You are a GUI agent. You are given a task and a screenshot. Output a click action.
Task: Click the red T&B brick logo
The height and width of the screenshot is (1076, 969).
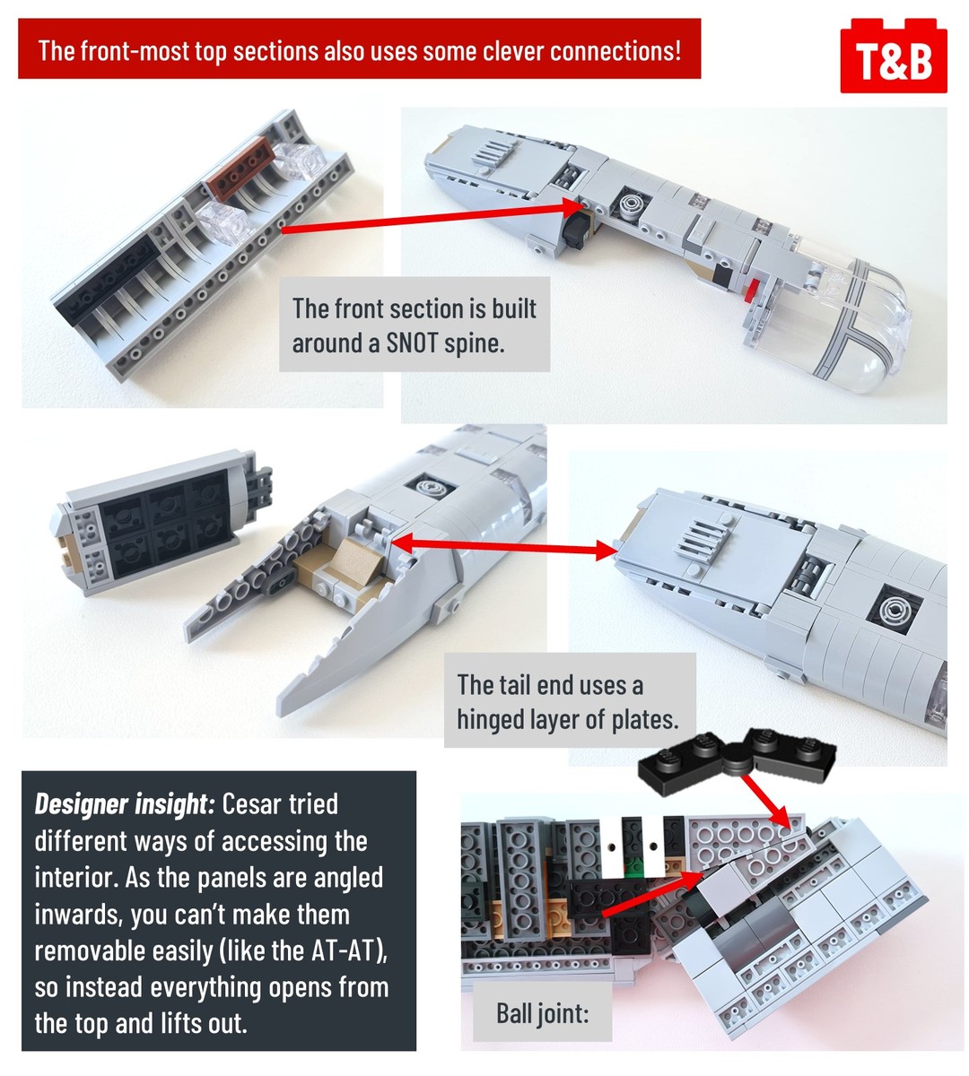[894, 56]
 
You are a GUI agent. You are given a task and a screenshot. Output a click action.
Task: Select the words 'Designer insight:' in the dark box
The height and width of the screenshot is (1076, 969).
[125, 804]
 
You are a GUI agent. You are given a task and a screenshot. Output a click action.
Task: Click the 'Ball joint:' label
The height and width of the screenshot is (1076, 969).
[543, 1013]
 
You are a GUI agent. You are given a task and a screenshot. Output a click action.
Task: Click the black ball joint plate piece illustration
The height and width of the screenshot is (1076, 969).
[737, 760]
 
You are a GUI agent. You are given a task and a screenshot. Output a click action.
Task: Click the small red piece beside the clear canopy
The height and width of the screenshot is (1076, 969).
[755, 288]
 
